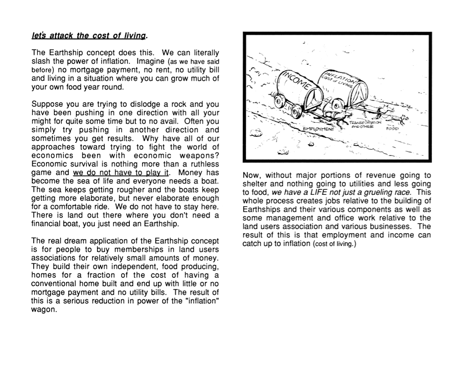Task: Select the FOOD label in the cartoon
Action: point(392,128)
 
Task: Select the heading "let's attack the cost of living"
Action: point(90,36)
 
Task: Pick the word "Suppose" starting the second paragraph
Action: point(47,104)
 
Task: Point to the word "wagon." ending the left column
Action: point(44,309)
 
